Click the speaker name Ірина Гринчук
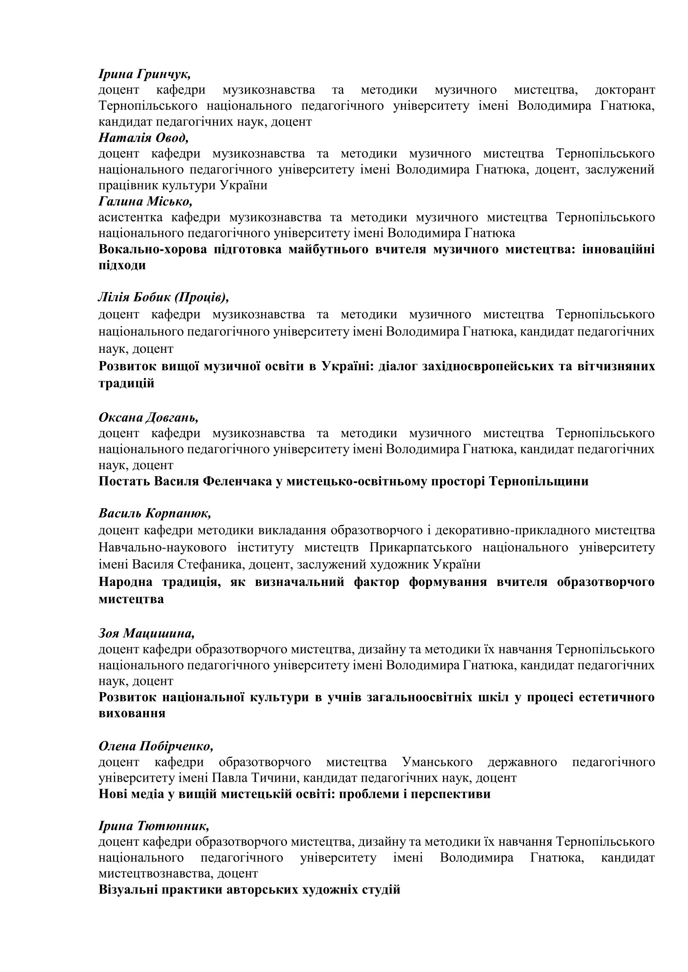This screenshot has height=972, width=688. coord(144,74)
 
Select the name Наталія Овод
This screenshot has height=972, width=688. coord(143,138)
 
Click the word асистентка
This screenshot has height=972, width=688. coord(131,217)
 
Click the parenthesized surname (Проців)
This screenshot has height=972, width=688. coord(202,298)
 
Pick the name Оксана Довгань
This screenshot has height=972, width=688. coord(148,417)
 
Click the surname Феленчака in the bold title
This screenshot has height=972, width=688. coord(238,481)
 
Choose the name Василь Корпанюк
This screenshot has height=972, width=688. coord(155,514)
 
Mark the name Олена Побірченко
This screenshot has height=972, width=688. coord(156,746)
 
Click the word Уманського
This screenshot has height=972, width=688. coord(437,762)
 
